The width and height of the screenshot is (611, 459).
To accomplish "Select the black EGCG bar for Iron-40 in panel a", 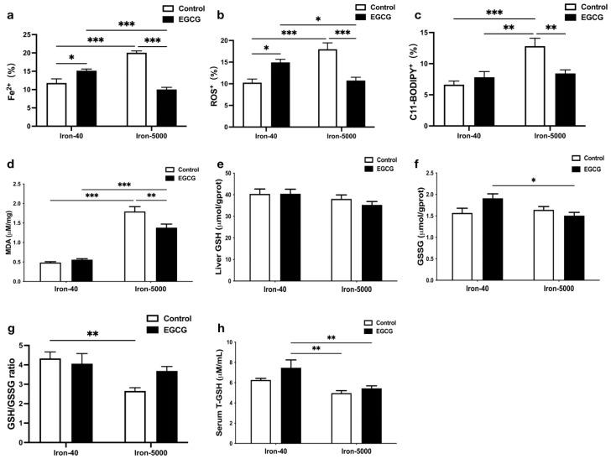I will pos(86,95).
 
